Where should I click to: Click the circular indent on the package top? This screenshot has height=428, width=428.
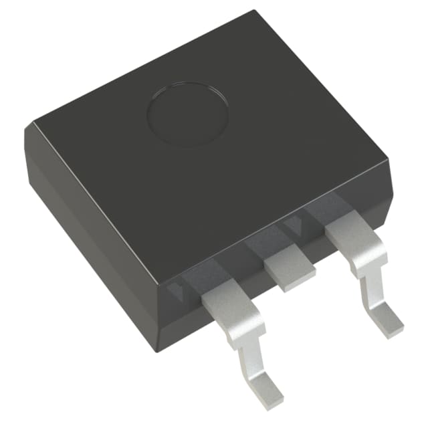(x=188, y=114)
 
